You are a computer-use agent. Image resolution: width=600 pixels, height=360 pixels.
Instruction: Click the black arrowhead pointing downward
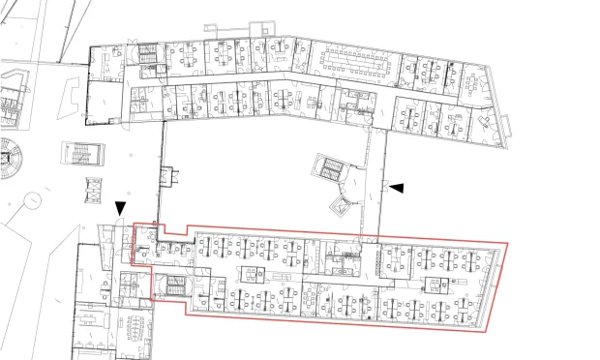(120, 208)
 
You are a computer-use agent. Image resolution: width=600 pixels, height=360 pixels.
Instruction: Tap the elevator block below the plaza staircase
(93, 192)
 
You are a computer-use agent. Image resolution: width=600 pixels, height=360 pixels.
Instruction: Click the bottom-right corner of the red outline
(482, 327)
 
